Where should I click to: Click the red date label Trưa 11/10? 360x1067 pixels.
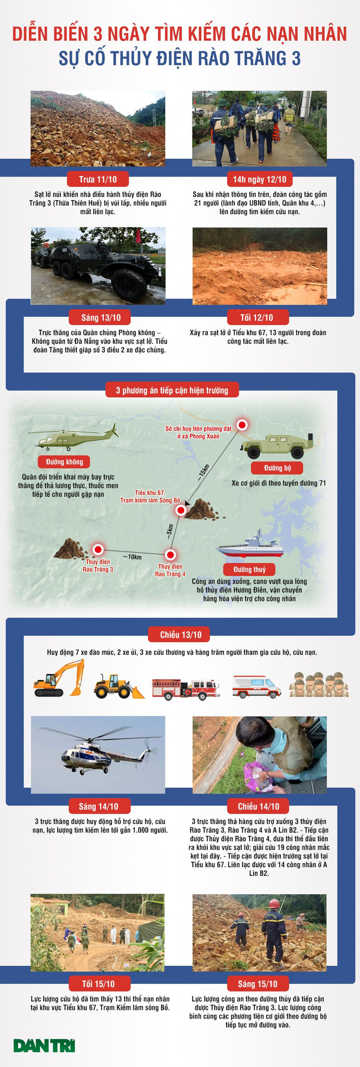click(98, 180)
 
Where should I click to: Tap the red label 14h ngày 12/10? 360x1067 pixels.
click(260, 180)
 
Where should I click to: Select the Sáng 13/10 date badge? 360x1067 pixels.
click(101, 317)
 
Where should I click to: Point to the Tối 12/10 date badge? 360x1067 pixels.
click(257, 317)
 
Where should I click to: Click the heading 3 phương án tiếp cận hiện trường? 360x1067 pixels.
click(172, 390)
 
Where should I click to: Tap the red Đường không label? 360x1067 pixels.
click(65, 462)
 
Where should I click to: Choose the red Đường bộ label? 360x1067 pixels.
click(277, 468)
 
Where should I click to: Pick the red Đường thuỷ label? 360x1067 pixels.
click(250, 569)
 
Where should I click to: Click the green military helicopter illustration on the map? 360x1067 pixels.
click(73, 436)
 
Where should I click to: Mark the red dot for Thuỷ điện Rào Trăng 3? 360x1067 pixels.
click(98, 550)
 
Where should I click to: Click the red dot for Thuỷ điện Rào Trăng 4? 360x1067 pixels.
click(170, 555)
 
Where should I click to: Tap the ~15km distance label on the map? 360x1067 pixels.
click(204, 473)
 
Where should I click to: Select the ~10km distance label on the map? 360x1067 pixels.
click(132, 557)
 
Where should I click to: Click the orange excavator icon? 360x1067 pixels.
click(59, 678)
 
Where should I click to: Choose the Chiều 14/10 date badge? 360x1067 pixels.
click(258, 806)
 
